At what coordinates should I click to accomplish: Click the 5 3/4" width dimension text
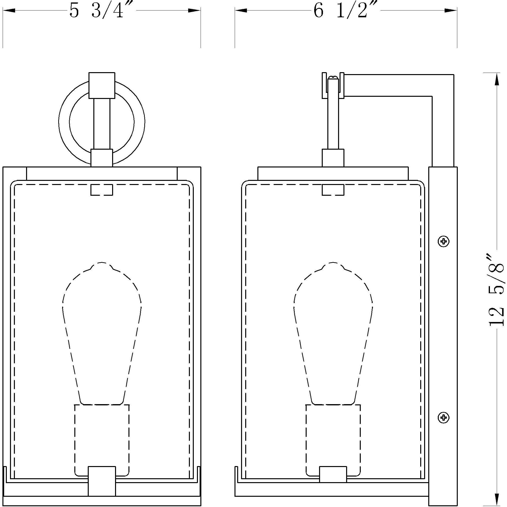[x=97, y=10]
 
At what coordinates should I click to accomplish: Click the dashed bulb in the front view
[x=102, y=333]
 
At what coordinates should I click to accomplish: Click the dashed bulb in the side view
[x=333, y=333]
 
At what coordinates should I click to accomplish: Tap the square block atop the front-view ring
[x=102, y=86]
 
